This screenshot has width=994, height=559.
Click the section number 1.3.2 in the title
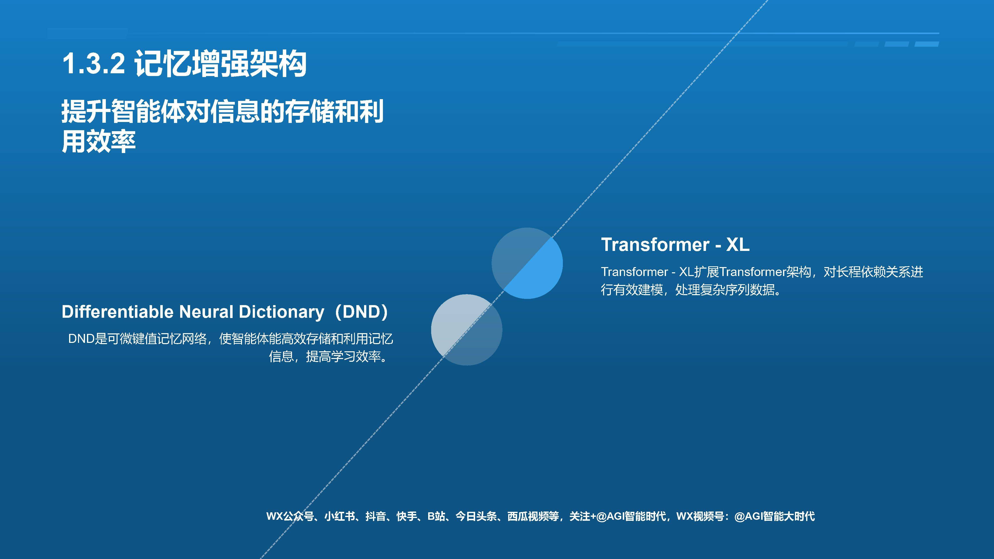point(93,64)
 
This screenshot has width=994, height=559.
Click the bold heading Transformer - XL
point(675,244)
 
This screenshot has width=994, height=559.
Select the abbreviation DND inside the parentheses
point(361,312)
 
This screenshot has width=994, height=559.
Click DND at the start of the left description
point(81,339)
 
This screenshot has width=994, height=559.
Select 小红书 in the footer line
point(339,516)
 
